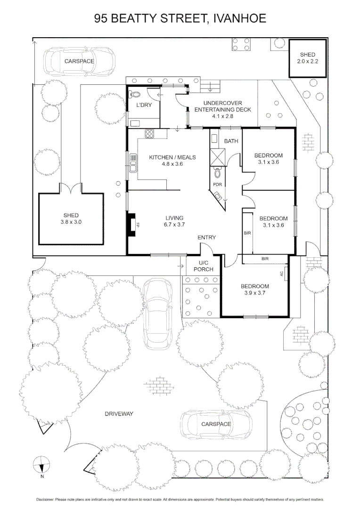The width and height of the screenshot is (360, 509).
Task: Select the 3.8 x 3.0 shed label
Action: click(x=71, y=219)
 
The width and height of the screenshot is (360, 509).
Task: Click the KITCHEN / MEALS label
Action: click(x=172, y=161)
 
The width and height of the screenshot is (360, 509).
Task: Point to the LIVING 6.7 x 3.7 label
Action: click(x=174, y=222)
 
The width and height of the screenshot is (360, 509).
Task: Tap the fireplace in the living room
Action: click(x=131, y=224)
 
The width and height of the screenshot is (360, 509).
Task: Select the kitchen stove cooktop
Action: click(x=150, y=133)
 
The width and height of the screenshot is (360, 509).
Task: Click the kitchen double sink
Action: click(x=133, y=166)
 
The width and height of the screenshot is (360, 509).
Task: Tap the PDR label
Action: click(x=217, y=184)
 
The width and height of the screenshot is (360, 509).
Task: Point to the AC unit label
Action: click(x=282, y=273)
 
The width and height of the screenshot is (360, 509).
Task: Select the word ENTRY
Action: click(x=206, y=238)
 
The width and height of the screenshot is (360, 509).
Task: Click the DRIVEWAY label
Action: click(x=119, y=414)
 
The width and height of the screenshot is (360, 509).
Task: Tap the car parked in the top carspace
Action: click(x=79, y=61)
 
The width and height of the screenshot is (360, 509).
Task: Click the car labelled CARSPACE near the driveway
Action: click(x=216, y=424)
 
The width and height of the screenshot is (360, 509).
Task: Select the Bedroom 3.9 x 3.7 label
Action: click(x=255, y=290)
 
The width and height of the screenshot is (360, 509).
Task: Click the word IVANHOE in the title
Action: click(x=240, y=18)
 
